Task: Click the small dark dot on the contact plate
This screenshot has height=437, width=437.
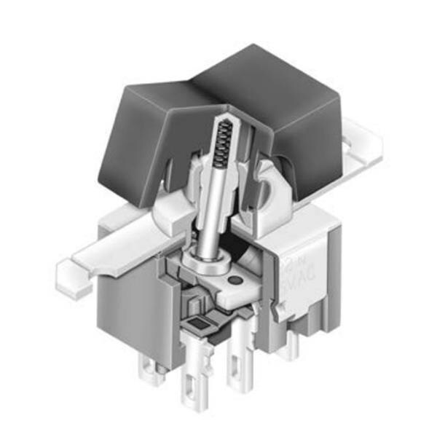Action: (234, 280)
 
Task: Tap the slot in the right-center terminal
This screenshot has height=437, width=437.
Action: (237, 379)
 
